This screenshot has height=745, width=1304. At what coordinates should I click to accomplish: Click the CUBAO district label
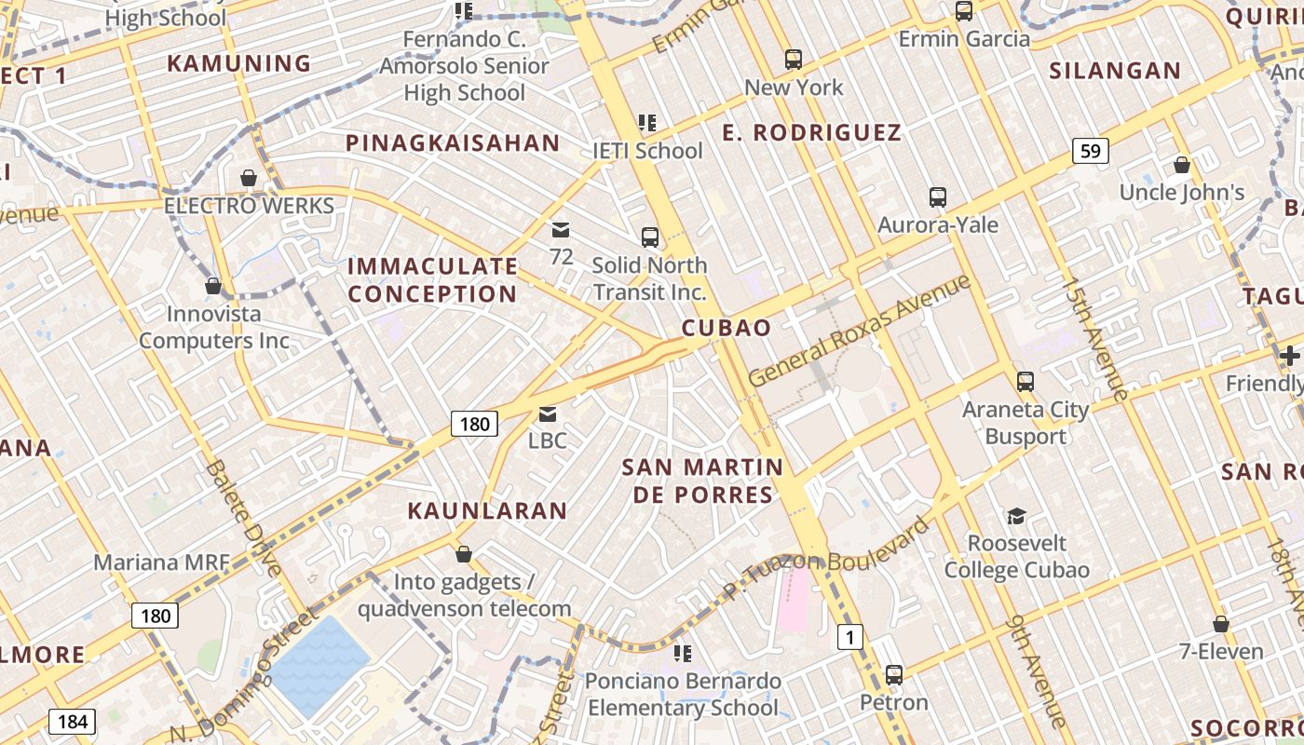click(726, 328)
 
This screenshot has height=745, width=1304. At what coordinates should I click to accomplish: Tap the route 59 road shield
click(1090, 150)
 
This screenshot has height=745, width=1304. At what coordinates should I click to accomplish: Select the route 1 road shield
click(849, 637)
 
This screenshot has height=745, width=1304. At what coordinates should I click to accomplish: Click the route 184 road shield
click(72, 721)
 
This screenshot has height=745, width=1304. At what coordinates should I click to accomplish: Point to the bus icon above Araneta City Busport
click(1026, 382)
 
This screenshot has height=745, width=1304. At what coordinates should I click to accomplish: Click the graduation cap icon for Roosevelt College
click(1016, 516)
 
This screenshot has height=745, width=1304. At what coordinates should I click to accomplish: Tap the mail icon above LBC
click(548, 413)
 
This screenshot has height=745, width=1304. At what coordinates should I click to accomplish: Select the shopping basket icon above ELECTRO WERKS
click(249, 178)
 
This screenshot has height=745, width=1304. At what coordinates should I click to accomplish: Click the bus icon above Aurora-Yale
click(938, 197)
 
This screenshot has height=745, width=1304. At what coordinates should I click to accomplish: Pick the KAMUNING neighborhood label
click(238, 63)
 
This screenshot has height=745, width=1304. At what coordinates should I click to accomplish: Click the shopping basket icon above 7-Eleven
click(1220, 624)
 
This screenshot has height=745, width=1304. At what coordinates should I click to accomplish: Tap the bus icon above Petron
click(894, 674)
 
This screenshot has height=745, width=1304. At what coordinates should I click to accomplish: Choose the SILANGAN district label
click(1114, 71)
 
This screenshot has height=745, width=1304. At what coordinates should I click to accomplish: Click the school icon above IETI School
click(647, 123)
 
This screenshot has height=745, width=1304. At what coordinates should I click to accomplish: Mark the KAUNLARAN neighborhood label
click(487, 510)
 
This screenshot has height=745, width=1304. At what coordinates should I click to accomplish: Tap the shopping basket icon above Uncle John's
click(1182, 166)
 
